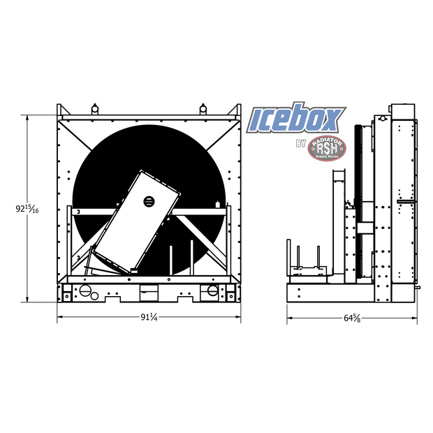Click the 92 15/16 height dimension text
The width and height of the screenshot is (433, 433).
[x=27, y=209]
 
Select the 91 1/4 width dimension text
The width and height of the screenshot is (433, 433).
[x=149, y=318]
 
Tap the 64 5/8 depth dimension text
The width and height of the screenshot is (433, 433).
[x=351, y=318]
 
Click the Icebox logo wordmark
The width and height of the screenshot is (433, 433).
[x=298, y=120]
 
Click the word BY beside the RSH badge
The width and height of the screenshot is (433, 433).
[x=301, y=145]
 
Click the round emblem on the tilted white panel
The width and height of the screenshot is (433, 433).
[x=148, y=201]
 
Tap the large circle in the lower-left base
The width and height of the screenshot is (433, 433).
[x=85, y=290]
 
